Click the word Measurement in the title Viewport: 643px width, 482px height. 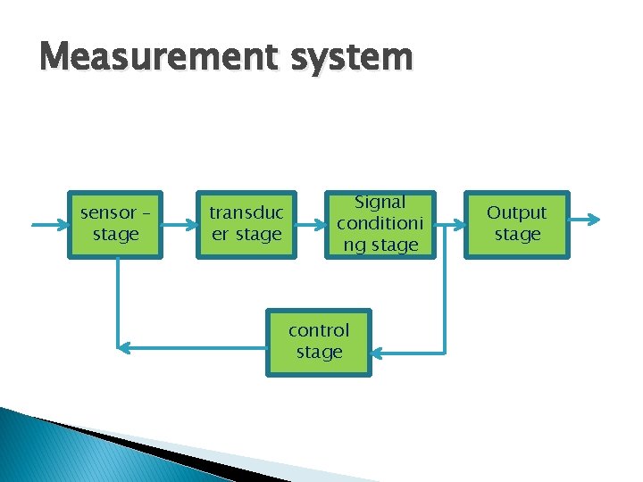point(153,57)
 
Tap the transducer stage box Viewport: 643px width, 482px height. point(246,225)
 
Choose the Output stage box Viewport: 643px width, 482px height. point(517,224)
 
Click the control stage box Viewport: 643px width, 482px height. point(319,342)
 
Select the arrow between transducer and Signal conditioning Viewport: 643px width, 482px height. point(308,225)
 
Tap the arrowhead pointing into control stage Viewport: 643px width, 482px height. point(378,353)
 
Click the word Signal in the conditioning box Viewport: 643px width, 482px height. point(381,204)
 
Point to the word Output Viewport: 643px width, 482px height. point(517,213)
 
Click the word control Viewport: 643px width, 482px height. point(319,330)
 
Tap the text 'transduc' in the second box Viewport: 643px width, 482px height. point(246,213)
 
